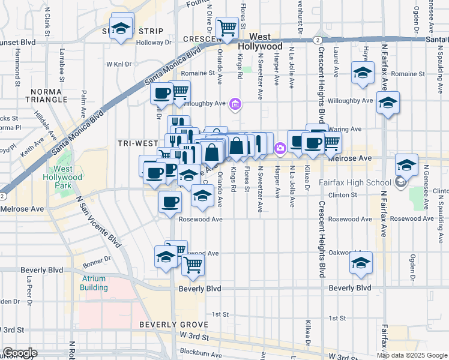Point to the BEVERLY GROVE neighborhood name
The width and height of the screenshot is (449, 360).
click(173, 325)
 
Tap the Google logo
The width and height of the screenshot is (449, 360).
click(20, 353)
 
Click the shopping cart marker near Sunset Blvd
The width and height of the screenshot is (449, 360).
click(227, 27)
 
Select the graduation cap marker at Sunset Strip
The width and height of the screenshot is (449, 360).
click(122, 28)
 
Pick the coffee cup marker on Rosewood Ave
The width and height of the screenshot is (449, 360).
click(170, 202)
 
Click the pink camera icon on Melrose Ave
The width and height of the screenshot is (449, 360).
click(280, 148)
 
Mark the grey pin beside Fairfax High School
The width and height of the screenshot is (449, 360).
click(401, 182)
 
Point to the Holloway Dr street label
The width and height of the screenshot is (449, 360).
click(153, 43)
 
